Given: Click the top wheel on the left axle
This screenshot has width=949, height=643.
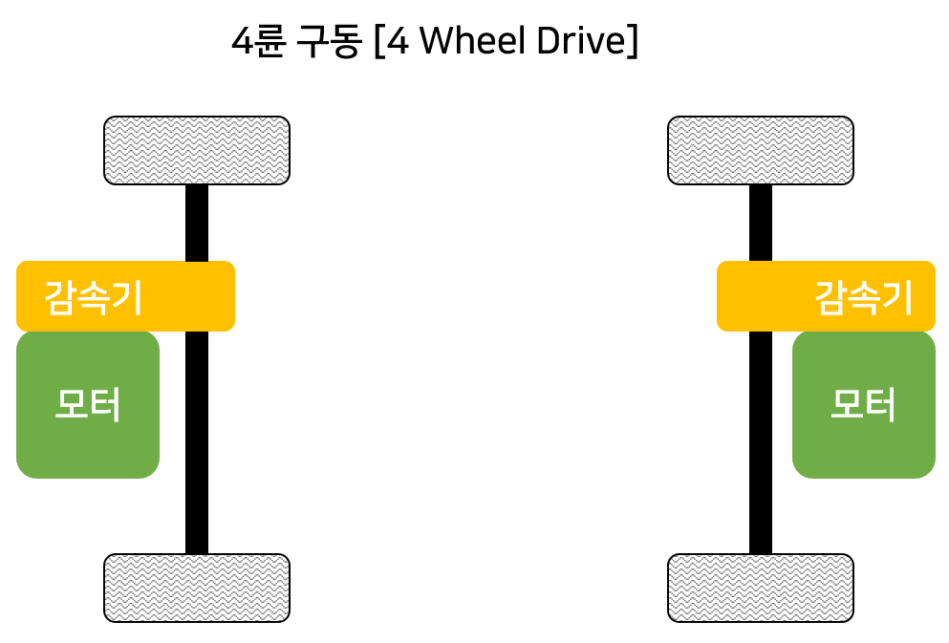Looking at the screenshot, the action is point(197,150).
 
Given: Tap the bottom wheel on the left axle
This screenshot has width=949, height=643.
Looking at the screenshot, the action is point(197,588).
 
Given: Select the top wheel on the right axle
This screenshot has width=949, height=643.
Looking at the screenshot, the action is point(761,150).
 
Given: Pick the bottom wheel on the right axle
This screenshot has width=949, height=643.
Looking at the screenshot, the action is point(761,588).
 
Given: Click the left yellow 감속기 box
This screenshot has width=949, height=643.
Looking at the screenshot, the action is point(125,296).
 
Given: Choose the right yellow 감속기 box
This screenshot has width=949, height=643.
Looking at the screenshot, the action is point(826,296).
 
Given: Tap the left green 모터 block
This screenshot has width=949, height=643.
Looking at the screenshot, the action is point(88,404).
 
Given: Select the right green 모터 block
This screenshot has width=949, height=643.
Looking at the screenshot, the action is point(864,404).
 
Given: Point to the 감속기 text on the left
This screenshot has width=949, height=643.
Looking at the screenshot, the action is point(94,298).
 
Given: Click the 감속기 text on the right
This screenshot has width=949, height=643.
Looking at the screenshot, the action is point(863,298).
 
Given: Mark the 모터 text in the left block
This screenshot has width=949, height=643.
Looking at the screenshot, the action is point(88,406).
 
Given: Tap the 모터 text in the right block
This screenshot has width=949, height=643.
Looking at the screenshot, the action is point(864,406).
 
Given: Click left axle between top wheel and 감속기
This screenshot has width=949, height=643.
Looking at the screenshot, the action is point(197,222).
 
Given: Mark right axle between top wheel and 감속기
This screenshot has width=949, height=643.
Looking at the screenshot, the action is point(761,222).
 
